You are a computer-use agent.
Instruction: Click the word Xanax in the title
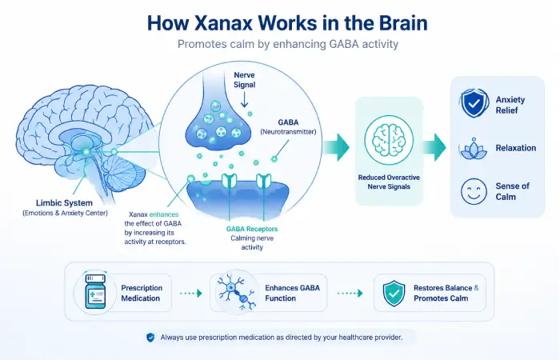pos(224,23)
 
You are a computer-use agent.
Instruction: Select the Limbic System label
pos(64,203)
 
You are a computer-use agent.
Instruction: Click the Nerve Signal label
pos(244,80)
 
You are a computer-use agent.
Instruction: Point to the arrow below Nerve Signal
pos(244,100)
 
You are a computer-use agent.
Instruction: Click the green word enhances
pos(164,214)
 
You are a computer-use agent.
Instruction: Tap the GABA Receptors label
pos(252,229)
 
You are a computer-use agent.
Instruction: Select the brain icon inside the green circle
pos(389,140)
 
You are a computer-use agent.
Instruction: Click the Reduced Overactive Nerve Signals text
pos(389,182)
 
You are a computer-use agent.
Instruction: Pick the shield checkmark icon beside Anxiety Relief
pos(474,103)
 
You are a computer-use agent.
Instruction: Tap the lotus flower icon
pos(474,149)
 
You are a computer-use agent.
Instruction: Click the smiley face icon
pos(474,191)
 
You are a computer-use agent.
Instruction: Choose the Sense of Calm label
pos(512,191)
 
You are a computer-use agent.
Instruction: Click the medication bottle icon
pos(95,291)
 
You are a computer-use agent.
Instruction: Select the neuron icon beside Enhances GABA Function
pos(236,291)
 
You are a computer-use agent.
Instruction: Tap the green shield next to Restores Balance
pos(394,294)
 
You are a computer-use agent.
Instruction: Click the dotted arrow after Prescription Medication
pos(191,294)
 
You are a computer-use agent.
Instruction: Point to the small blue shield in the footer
pos(150,338)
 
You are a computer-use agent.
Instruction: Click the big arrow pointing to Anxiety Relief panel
pos(434,147)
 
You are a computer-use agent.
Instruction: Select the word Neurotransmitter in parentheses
pos(288,132)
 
